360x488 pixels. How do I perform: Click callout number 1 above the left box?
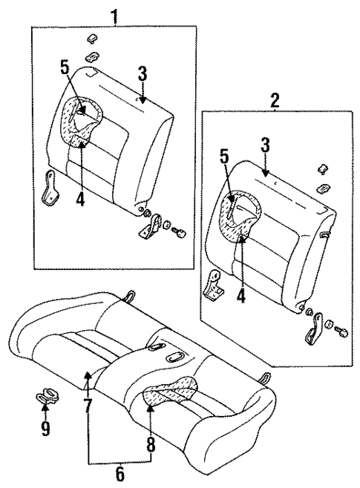pyautogui.click(x=114, y=14)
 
